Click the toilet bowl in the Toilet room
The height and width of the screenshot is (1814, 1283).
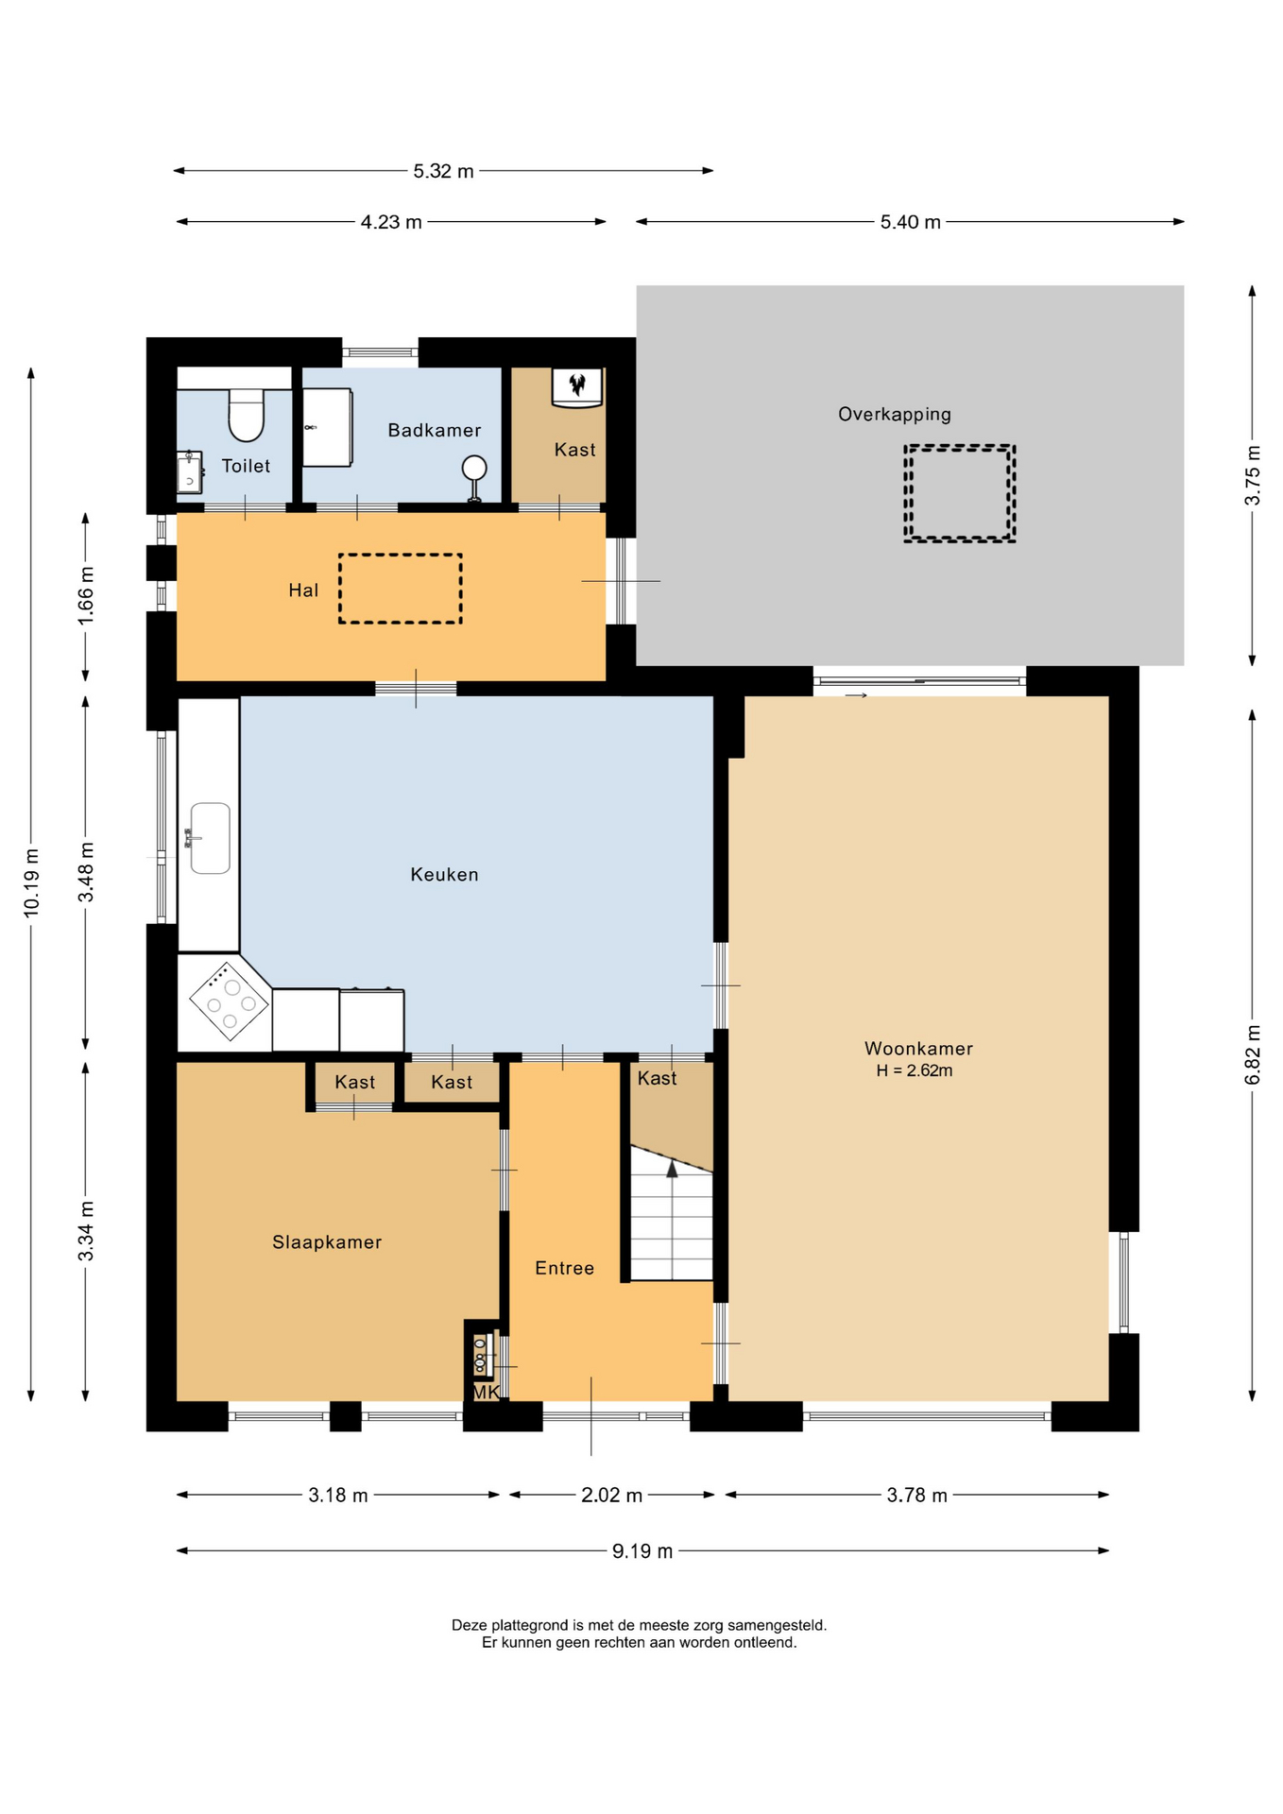tap(247, 415)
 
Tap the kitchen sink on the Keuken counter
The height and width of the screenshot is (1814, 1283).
tap(210, 838)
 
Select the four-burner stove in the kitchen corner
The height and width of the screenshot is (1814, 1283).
tap(230, 1001)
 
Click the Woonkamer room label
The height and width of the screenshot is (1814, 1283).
tap(918, 1049)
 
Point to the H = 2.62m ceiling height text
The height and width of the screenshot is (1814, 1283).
tap(915, 1070)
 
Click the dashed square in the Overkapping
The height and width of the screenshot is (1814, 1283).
tap(959, 493)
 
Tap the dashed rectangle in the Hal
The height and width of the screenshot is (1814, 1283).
tap(401, 589)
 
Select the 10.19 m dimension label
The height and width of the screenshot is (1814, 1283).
tap(31, 882)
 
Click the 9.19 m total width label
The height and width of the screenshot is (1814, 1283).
tap(642, 1551)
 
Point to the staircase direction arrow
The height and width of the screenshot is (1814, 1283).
tap(672, 1169)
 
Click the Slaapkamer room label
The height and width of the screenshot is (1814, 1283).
tap(327, 1242)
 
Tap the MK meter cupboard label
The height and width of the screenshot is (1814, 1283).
tap(486, 1393)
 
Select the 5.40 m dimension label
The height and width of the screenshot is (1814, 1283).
tap(911, 222)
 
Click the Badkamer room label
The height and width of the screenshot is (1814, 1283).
tap(435, 431)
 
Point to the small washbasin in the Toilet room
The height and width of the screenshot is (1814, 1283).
tap(190, 471)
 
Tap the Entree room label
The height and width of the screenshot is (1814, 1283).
tap(565, 1269)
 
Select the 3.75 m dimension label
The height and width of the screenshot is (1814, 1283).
tap(1253, 475)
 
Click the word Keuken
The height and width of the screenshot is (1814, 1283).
tap(444, 875)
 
